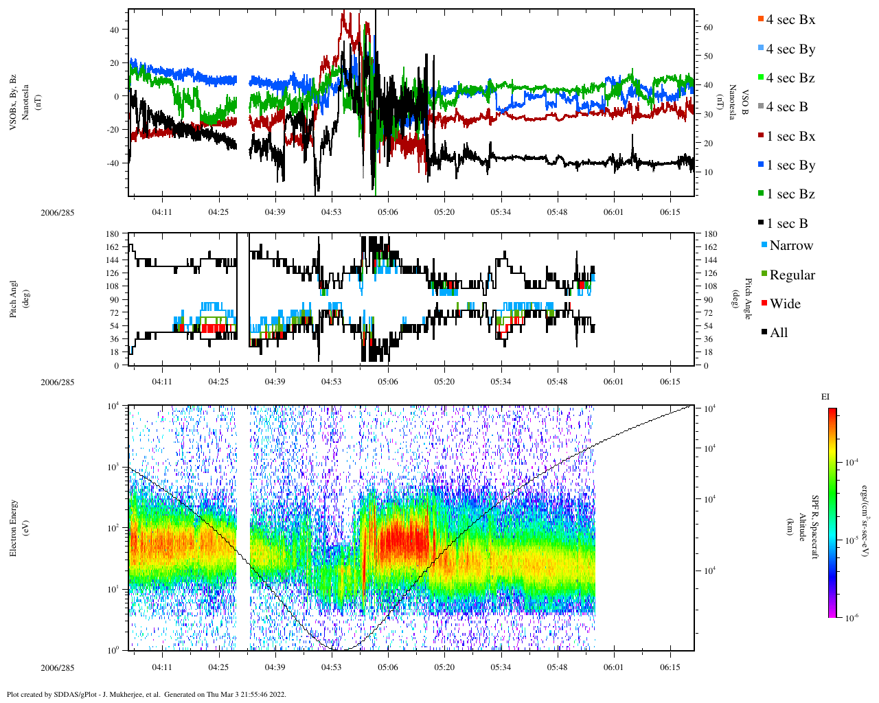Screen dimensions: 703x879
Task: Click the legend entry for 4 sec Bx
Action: (x=790, y=20)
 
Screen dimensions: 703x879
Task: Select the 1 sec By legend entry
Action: (x=790, y=165)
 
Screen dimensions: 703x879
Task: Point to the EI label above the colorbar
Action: (x=825, y=397)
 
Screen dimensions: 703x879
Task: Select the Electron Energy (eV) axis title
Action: (x=19, y=527)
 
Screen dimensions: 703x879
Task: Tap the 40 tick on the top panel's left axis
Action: (x=114, y=30)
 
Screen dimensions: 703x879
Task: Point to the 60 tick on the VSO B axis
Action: (x=708, y=27)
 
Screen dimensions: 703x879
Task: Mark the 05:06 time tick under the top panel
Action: (x=388, y=212)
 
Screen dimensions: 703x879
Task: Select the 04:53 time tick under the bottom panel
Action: (x=332, y=667)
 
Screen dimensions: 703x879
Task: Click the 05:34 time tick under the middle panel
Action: (x=501, y=382)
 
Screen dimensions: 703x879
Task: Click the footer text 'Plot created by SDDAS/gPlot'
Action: (x=82, y=694)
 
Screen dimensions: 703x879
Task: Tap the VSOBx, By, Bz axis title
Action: (x=19, y=103)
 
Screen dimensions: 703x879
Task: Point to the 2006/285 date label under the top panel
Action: (x=58, y=213)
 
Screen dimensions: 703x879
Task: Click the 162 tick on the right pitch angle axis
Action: (x=711, y=247)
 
